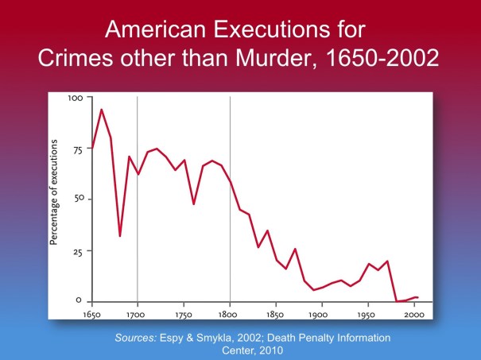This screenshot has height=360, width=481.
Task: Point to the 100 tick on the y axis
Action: pos(76,98)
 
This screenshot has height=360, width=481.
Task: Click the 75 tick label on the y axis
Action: pos(77,149)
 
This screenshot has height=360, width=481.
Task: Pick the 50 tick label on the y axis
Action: pos(77,199)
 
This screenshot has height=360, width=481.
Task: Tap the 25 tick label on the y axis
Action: pos(77,250)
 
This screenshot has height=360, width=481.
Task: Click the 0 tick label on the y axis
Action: pos(79,301)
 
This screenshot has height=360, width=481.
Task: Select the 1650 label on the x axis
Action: pos(92,314)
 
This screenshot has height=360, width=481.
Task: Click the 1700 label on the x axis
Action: pos(138,314)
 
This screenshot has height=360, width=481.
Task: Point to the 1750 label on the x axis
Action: pos(184,314)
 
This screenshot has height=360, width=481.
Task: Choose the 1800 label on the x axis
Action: pos(230,314)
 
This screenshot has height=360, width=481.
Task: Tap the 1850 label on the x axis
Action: pos(276,314)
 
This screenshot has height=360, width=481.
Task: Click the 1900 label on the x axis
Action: pos(322,314)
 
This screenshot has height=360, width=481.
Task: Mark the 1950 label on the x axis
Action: pos(368,314)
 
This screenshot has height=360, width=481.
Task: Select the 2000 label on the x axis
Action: pos(414,314)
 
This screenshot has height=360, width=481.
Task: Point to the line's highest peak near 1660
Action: pos(102,110)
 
